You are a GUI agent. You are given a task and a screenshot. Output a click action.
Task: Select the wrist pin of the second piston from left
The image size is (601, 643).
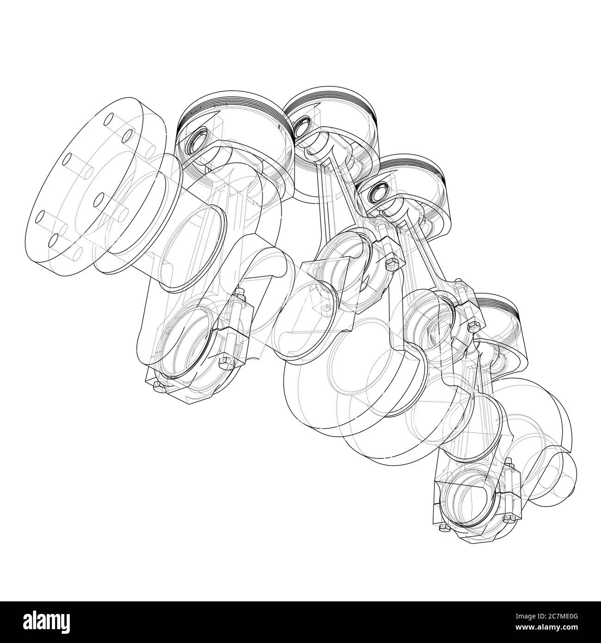(x=304, y=125)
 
